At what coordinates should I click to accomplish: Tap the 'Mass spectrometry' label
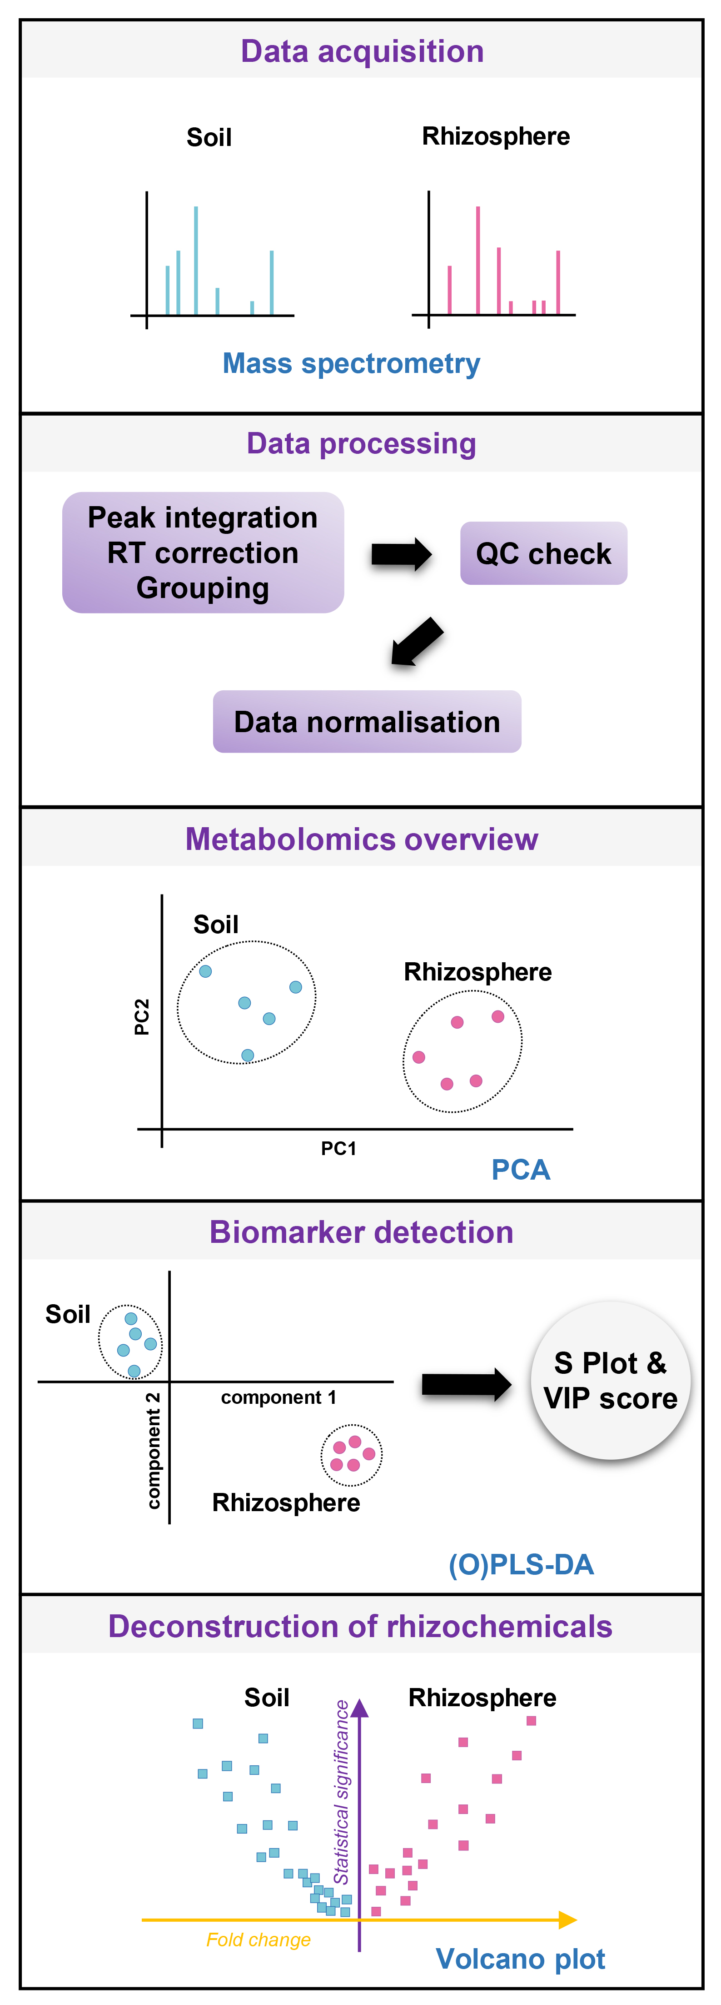click(x=352, y=363)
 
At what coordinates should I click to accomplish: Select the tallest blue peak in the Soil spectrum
click(x=196, y=260)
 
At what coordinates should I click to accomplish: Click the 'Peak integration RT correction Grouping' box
click(x=203, y=553)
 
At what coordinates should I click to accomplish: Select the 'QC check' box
click(x=544, y=553)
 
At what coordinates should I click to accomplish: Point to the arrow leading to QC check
click(x=401, y=554)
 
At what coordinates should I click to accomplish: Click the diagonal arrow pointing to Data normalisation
click(x=417, y=642)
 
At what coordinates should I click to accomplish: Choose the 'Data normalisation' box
click(x=367, y=722)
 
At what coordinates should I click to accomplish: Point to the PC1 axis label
click(x=339, y=1149)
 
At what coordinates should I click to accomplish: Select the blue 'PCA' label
click(x=521, y=1170)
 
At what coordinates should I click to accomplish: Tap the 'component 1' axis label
click(x=278, y=1398)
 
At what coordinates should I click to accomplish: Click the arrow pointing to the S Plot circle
click(x=467, y=1385)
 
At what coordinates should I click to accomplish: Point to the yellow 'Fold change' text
click(x=258, y=1940)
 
